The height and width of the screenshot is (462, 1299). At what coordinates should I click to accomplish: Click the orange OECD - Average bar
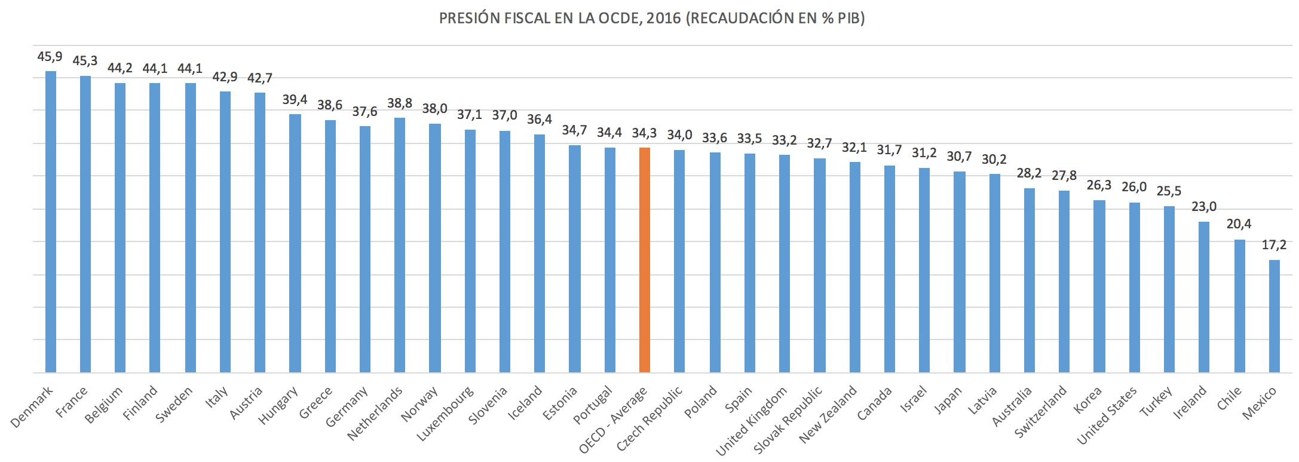coord(644,260)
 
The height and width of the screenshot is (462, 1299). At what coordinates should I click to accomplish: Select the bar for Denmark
coord(51,222)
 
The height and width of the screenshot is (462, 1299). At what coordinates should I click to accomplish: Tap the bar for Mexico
coord(1274,316)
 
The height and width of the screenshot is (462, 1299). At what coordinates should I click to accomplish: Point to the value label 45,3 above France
coord(85,61)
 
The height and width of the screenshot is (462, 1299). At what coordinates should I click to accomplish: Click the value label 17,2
coord(1274,245)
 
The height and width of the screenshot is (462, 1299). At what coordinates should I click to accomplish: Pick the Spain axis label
coord(739,400)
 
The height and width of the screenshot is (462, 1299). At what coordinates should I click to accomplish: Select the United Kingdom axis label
coord(752,421)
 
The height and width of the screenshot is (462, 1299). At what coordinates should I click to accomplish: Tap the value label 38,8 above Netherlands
coord(400,103)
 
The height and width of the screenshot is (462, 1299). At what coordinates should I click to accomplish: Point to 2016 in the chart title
coord(663,18)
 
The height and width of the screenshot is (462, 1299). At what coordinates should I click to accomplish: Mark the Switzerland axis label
coord(1041,412)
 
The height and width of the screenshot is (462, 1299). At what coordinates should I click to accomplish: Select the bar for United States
coord(1134,287)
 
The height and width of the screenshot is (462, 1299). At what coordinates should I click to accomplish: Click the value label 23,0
coord(1204,207)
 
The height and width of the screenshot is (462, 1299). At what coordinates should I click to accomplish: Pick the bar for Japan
coord(959,272)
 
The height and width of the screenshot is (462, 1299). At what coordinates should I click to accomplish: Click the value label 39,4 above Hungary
coord(295,99)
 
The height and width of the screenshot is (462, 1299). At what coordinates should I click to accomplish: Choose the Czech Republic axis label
coord(649,419)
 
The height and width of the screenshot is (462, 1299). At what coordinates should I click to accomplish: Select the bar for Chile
coord(1239,306)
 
